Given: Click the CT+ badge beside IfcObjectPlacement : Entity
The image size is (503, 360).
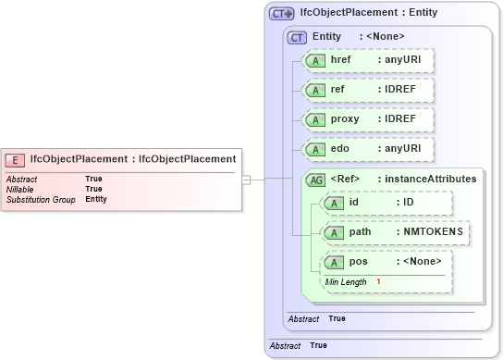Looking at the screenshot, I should [x=281, y=13].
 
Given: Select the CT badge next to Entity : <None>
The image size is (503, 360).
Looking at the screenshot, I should [x=297, y=37].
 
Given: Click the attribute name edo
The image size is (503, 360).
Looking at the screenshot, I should [x=339, y=149].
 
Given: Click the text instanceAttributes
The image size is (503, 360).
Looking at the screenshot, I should [x=432, y=179].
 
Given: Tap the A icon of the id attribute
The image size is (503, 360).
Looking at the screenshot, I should [x=330, y=203].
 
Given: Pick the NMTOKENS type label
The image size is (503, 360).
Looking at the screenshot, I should [x=432, y=231].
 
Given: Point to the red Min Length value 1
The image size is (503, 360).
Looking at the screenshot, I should [x=378, y=281].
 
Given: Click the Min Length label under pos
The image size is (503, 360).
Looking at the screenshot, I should [x=345, y=281].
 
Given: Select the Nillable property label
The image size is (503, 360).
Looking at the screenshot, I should [x=20, y=189].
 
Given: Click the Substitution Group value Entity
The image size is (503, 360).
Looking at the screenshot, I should [x=96, y=199].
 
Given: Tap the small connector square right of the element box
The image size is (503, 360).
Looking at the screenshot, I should [x=246, y=180].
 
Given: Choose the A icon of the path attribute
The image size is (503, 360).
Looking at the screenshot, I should [x=330, y=232].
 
